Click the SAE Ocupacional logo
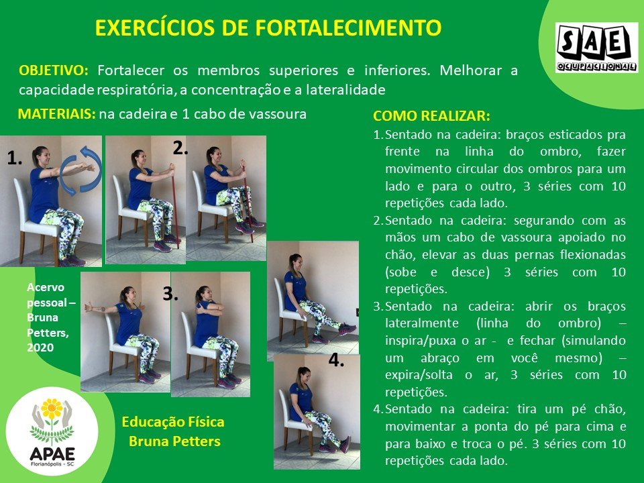point(596,48)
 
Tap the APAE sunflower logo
point(52,431)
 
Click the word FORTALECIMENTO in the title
point(348,28)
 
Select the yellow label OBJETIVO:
point(54,70)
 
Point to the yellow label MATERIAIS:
point(56,114)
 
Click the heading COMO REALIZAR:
point(431,116)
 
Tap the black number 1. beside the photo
point(14,158)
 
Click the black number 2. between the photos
point(180,148)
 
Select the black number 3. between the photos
point(170,294)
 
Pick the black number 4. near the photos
point(336,360)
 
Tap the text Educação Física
point(173,422)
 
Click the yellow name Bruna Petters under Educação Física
point(174,441)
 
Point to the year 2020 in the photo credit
point(40,347)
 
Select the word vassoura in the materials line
point(277,114)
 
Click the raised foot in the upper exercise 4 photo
point(347,328)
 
